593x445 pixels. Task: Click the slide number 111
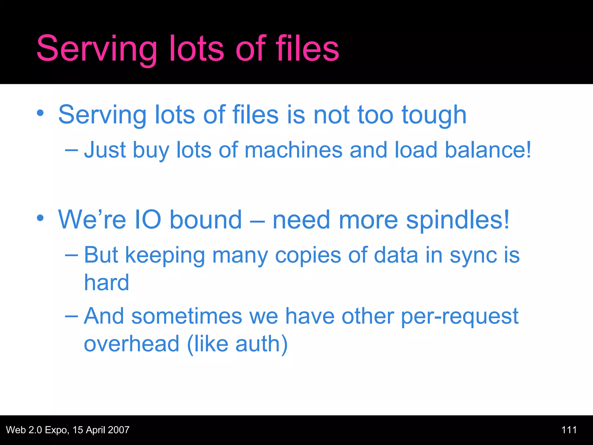[x=569, y=430]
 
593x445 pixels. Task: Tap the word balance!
[x=488, y=150]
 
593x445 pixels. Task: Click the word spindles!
[x=457, y=220]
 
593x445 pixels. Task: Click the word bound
[x=205, y=220]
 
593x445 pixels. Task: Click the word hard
[x=106, y=282]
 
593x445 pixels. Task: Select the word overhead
[x=131, y=344]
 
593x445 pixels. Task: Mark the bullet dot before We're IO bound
[x=40, y=218]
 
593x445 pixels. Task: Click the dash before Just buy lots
[x=71, y=150]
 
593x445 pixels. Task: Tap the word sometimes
[x=186, y=316]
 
